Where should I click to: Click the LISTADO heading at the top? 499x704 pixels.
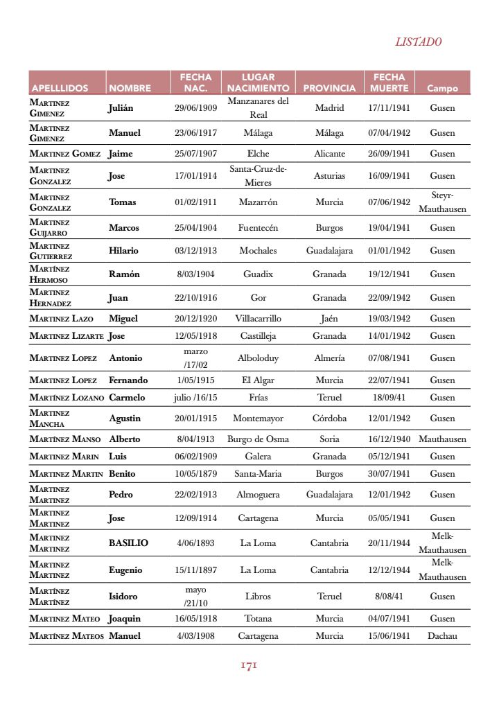tap(418, 42)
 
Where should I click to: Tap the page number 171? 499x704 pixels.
tap(249, 665)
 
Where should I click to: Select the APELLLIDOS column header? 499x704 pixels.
tap(60, 88)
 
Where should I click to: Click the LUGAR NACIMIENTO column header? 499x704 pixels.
tap(258, 82)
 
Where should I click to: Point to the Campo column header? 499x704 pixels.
tap(442, 88)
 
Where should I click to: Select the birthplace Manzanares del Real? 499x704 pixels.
tap(258, 108)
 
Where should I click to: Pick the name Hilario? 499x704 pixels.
tap(123, 251)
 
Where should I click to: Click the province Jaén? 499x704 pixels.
tap(329, 319)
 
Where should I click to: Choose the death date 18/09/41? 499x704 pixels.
tap(389, 398)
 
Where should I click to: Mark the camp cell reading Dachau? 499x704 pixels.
tap(442, 636)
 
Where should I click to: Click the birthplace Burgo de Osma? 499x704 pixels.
tap(258, 439)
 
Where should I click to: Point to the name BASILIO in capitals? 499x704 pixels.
tap(128, 543)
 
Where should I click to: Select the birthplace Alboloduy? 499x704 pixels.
tap(258, 358)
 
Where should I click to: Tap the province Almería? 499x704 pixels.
tap(329, 358)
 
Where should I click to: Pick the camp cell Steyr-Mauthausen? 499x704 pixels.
tap(442, 202)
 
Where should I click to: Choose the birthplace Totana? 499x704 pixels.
tap(258, 619)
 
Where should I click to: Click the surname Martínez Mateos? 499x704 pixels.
tap(67, 636)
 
